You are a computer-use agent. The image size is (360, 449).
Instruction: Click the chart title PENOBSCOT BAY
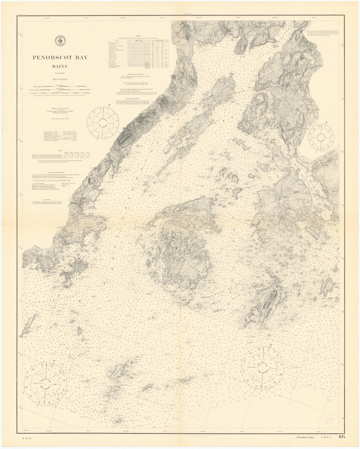(x=60, y=57)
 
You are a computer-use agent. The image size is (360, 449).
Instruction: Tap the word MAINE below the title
(x=60, y=66)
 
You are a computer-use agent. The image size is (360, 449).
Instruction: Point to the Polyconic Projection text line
(x=60, y=80)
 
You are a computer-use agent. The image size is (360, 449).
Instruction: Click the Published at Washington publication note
(x=60, y=110)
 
